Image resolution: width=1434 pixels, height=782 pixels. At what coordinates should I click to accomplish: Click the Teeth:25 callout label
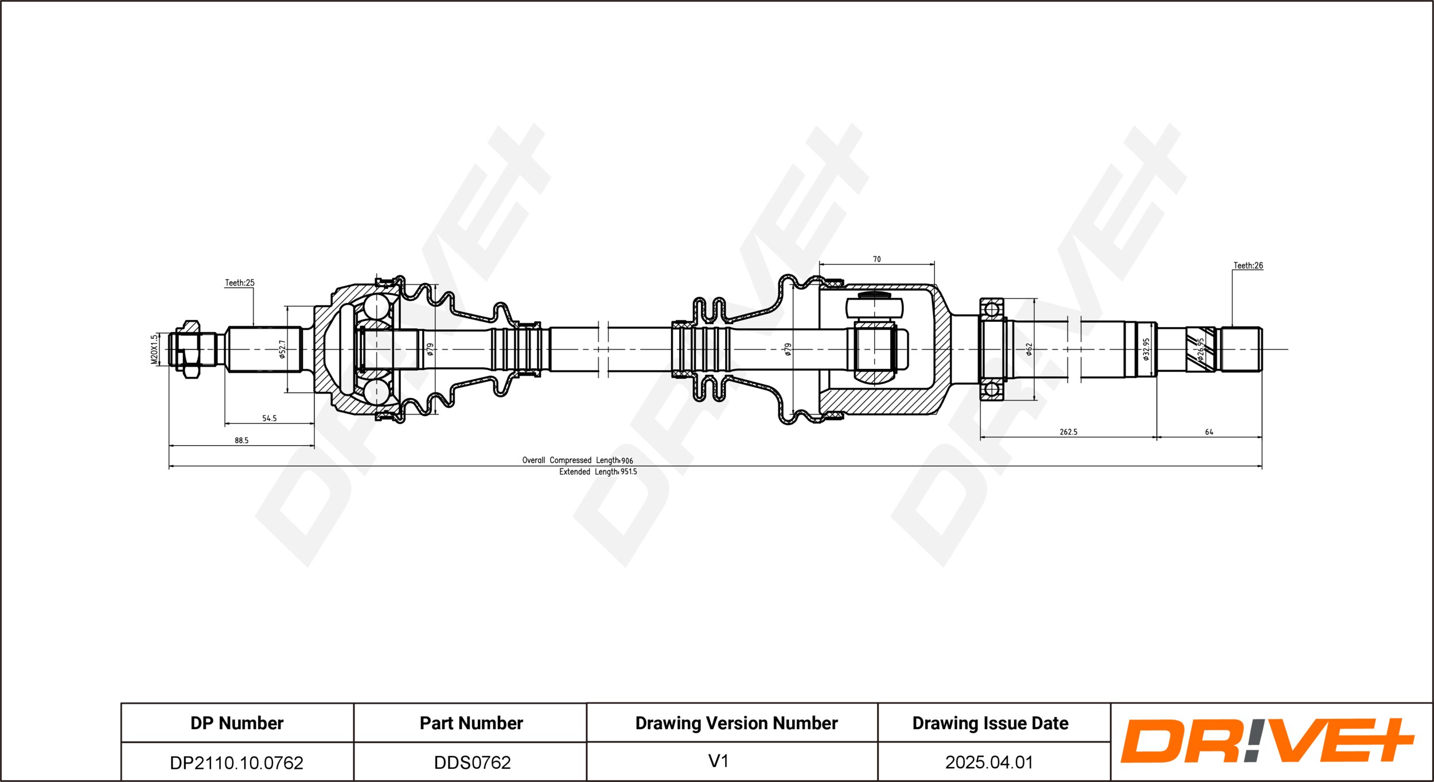(x=239, y=283)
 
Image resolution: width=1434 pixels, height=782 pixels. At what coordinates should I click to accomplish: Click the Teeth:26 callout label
(x=1248, y=266)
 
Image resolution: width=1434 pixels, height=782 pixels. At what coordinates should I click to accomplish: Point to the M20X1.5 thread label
(x=154, y=349)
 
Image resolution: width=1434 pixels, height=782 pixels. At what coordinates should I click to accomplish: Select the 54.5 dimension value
(x=269, y=418)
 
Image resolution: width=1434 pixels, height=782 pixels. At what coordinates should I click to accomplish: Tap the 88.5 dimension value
(x=241, y=441)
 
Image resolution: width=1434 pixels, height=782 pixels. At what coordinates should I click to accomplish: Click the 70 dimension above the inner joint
(x=876, y=259)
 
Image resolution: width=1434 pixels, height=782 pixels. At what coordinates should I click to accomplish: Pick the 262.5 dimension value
(x=1068, y=432)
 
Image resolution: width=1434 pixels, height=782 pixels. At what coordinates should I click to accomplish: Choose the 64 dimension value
(x=1209, y=432)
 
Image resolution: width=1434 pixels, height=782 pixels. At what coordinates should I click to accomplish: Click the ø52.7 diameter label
(x=282, y=349)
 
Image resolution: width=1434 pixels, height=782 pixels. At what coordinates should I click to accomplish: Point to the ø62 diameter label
(x=1029, y=349)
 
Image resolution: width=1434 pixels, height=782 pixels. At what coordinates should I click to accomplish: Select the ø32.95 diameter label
(x=1146, y=349)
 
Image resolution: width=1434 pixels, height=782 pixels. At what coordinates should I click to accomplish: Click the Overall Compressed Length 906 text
(x=578, y=460)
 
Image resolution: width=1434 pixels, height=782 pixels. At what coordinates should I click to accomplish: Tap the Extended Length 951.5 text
(x=598, y=472)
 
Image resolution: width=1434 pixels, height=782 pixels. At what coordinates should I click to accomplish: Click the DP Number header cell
(x=237, y=723)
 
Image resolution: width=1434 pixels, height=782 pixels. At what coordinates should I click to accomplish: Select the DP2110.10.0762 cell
(x=237, y=762)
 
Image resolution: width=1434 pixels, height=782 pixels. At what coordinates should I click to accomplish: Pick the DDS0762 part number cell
(x=472, y=762)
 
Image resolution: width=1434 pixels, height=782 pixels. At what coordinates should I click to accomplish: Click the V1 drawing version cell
(x=718, y=761)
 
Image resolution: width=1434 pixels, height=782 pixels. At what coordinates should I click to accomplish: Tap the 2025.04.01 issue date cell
(x=989, y=762)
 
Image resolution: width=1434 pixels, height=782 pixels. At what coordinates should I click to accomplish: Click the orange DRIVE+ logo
(x=1268, y=741)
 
